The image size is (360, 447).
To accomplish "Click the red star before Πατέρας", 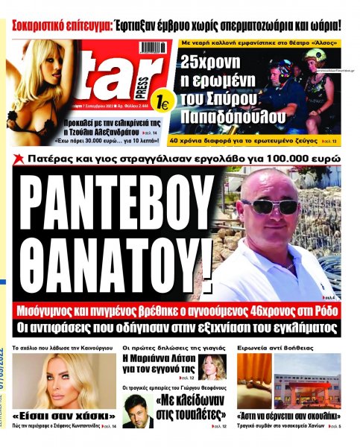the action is click(16, 159).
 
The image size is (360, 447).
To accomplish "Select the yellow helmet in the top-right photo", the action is click(315, 54).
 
